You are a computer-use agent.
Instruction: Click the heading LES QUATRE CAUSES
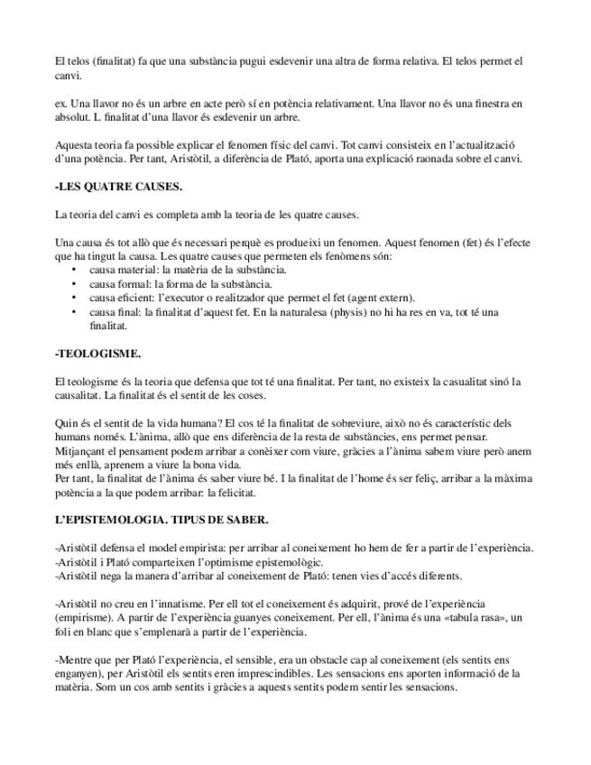point(118,187)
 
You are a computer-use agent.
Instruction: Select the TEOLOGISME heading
point(98,353)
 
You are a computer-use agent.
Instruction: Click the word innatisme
point(174,603)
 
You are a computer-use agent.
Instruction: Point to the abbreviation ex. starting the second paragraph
point(60,103)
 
